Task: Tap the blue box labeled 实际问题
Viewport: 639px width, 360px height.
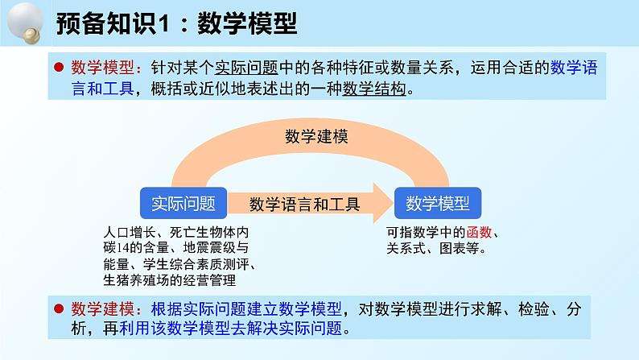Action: coord(183,203)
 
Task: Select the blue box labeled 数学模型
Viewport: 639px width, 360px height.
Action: coord(437,203)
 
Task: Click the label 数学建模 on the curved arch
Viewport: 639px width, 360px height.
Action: coord(315,137)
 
